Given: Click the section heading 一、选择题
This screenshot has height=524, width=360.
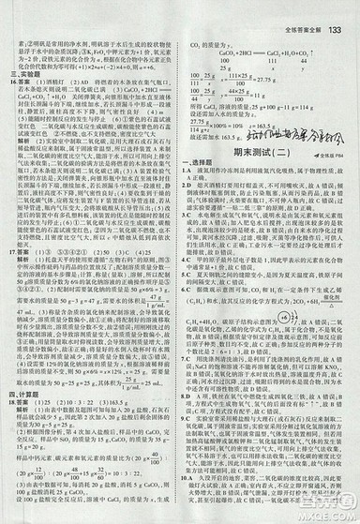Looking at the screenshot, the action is tap(198, 152).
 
